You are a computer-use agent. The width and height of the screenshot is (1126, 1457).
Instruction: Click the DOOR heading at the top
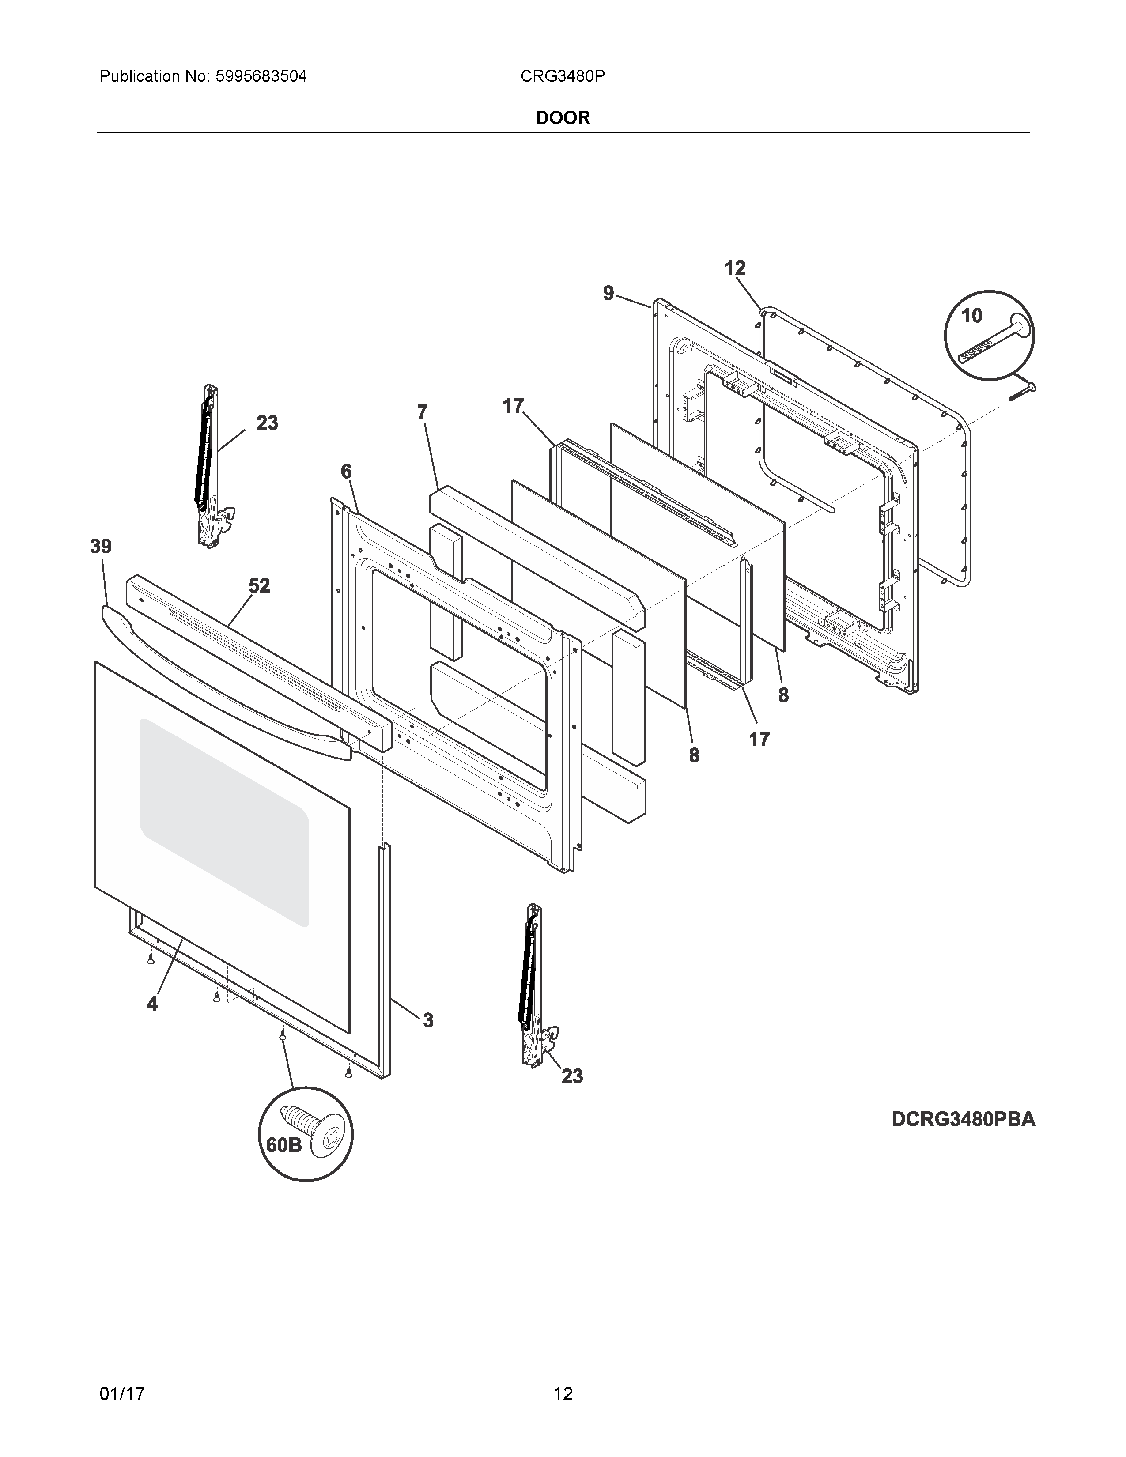pos(563,118)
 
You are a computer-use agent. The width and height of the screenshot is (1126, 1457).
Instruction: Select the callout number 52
pos(260,586)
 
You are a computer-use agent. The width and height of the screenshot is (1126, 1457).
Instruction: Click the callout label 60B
pos(283,1145)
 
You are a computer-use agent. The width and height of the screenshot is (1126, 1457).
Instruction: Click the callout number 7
pos(422,413)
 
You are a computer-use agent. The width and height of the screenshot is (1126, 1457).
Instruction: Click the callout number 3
pos(427,1020)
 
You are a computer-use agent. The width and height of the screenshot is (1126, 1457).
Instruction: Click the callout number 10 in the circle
pos(972,316)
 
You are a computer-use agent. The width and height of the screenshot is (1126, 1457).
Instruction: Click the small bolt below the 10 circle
pos(1023,392)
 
